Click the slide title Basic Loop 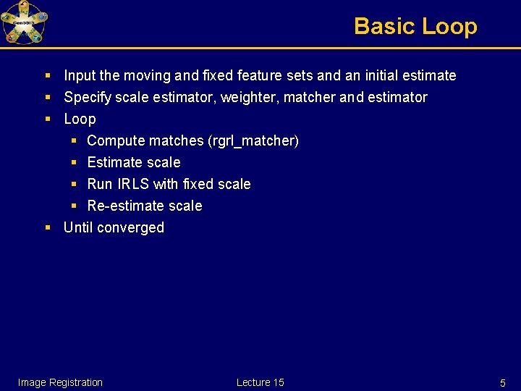(x=415, y=27)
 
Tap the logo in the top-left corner (x=24, y=22)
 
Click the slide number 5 (x=502, y=382)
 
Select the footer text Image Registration (x=60, y=382)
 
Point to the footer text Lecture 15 (x=260, y=382)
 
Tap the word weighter (x=235, y=97)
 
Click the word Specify (x=88, y=97)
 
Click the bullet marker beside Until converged (x=47, y=227)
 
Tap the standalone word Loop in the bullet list (x=80, y=119)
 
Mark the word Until (x=79, y=227)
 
